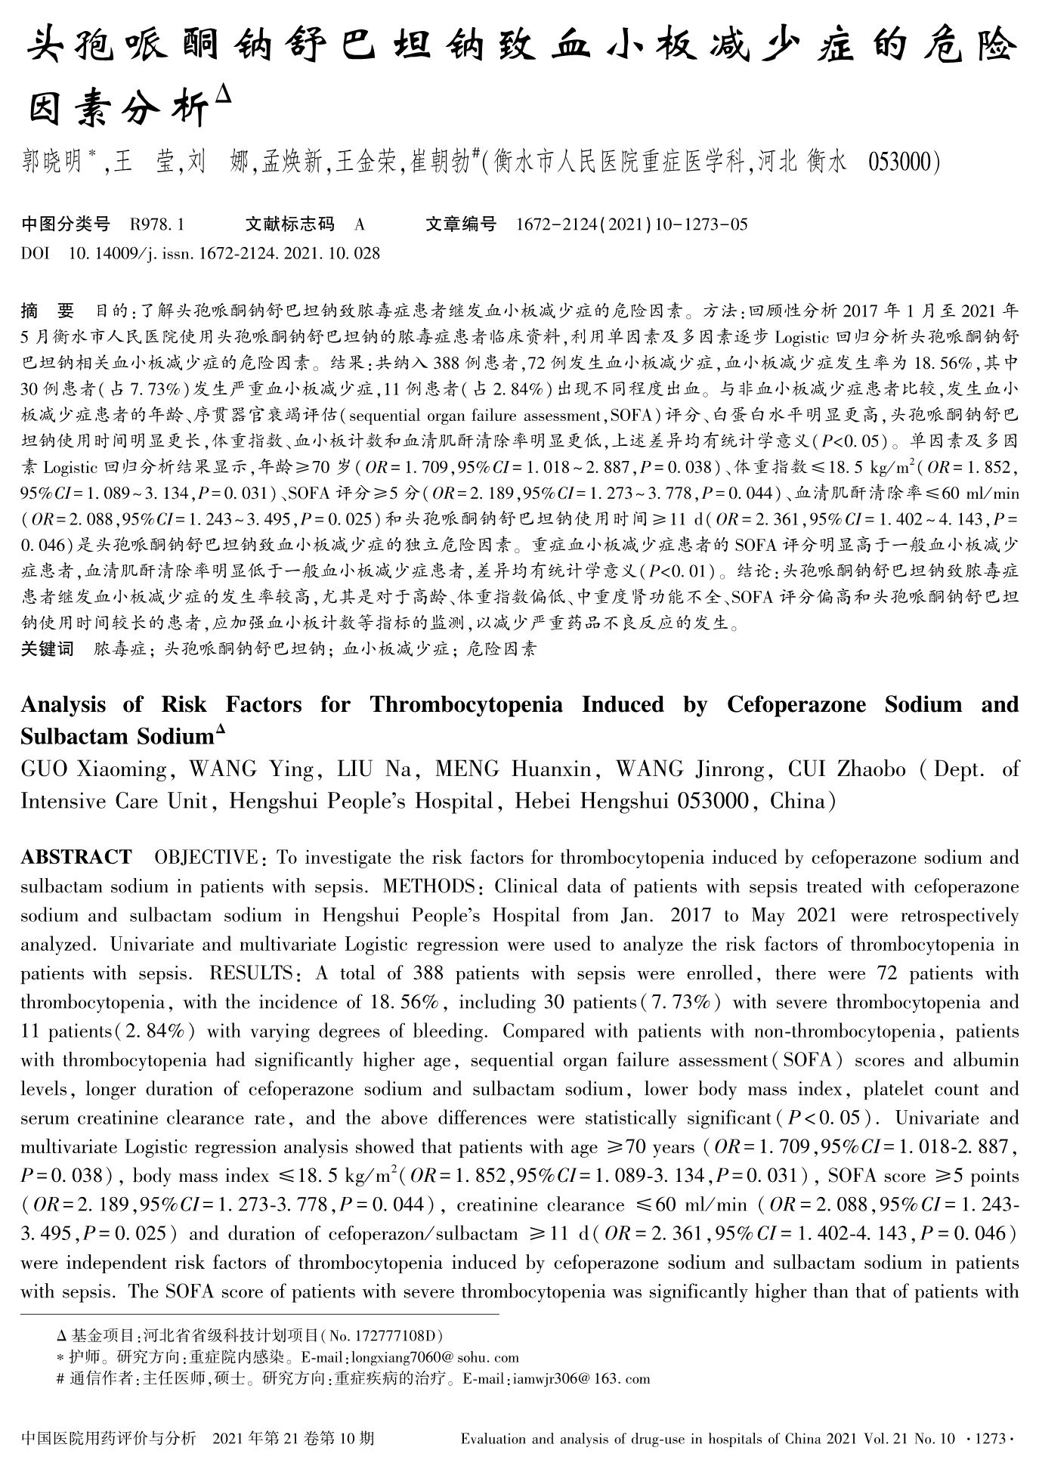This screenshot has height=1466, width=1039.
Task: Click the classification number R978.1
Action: pos(157,224)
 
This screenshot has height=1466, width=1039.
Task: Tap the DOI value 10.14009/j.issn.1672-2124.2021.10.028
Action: pos(224,253)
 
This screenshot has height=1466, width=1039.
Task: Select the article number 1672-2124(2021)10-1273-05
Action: pos(632,224)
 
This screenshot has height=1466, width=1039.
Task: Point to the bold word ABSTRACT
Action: pos(76,858)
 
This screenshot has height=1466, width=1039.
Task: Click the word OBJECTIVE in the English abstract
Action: pos(206,858)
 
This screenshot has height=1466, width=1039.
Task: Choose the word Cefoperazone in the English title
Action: pos(798,705)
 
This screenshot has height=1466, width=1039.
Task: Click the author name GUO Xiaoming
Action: pos(94,769)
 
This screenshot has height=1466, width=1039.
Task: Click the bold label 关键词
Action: pos(47,648)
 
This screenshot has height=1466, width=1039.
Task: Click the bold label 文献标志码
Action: pos(290,224)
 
